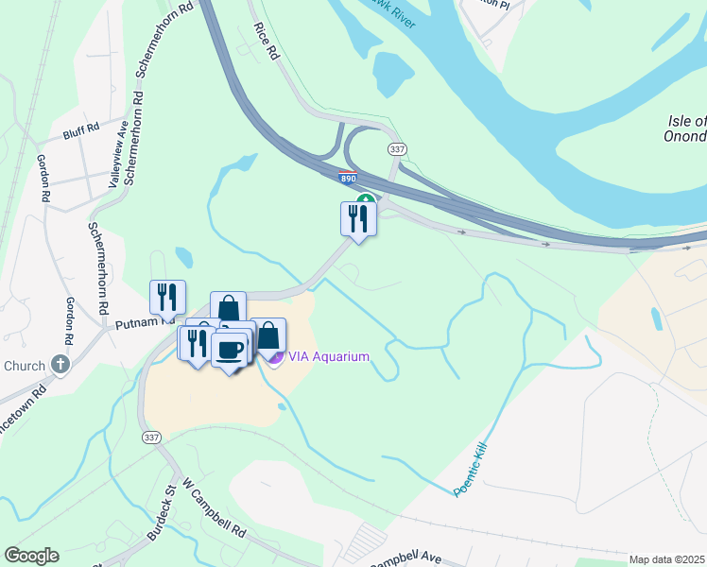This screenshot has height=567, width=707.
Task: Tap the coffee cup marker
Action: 229,349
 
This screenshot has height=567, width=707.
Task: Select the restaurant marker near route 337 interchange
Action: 358,218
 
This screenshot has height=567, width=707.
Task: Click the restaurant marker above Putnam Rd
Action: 167,297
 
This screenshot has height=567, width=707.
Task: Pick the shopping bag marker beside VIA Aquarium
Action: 268,335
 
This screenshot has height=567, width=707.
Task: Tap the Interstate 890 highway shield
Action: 347,177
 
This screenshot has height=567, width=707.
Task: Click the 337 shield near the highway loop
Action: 396,149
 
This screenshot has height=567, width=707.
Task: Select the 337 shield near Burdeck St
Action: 150,438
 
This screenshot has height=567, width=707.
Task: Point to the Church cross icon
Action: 60,365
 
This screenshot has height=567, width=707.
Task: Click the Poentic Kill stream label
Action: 475,472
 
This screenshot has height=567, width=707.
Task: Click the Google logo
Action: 31,556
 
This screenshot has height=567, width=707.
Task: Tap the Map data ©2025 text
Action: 665,559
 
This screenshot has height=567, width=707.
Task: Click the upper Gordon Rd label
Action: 43,179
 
